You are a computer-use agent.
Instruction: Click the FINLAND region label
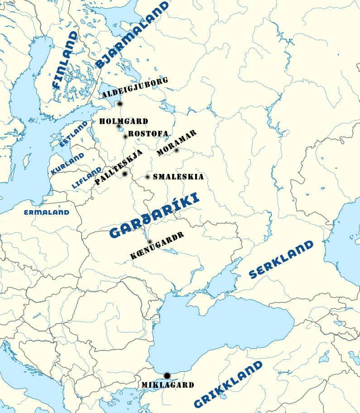pos(65,60)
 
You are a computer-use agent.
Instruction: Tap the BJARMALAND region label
pos(132,35)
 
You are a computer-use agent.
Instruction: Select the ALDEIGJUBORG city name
pos(135,88)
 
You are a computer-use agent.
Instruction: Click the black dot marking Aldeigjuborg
pos(120,104)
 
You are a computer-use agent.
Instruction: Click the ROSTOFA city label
pos(148,134)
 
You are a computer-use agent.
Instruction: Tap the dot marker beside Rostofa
pos(125,136)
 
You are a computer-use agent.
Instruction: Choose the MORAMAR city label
pos(177,143)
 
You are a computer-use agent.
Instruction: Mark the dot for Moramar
pos(177,150)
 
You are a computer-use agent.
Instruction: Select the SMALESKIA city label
pos(178,177)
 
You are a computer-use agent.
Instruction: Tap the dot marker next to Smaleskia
pos(148,177)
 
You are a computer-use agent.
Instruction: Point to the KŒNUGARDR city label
pos(157,245)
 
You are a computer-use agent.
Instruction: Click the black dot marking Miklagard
pos(167,375)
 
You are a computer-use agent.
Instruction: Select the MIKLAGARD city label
pos(168,385)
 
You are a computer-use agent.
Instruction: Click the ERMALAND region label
pos(47,212)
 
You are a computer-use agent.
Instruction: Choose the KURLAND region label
pos(67,164)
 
